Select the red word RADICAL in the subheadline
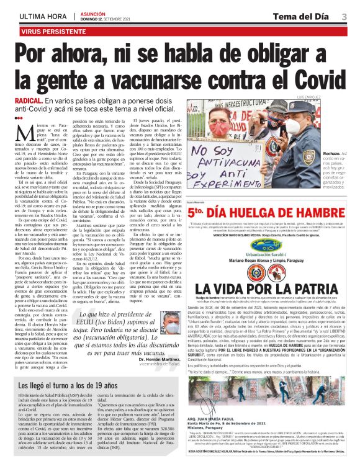pos(29,100)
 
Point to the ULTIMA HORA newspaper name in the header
pos(44,15)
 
